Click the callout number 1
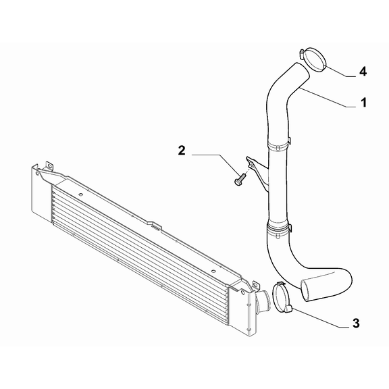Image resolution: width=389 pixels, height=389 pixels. click(x=363, y=103)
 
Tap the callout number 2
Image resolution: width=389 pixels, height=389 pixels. click(x=182, y=151)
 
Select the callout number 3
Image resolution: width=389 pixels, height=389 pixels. click(x=356, y=323)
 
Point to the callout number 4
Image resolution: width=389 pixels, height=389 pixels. click(x=363, y=72)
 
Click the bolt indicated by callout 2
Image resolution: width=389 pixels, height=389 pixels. click(x=240, y=180)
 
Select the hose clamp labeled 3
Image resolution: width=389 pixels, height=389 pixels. click(x=282, y=297)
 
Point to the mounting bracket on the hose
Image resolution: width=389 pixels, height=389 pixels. click(x=257, y=171)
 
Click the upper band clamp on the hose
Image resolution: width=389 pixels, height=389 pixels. click(x=279, y=144)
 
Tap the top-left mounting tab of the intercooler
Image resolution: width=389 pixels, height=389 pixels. click(x=49, y=166)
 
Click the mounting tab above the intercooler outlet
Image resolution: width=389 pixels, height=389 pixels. click(x=255, y=285)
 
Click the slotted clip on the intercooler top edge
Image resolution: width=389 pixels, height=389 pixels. click(x=156, y=227)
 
